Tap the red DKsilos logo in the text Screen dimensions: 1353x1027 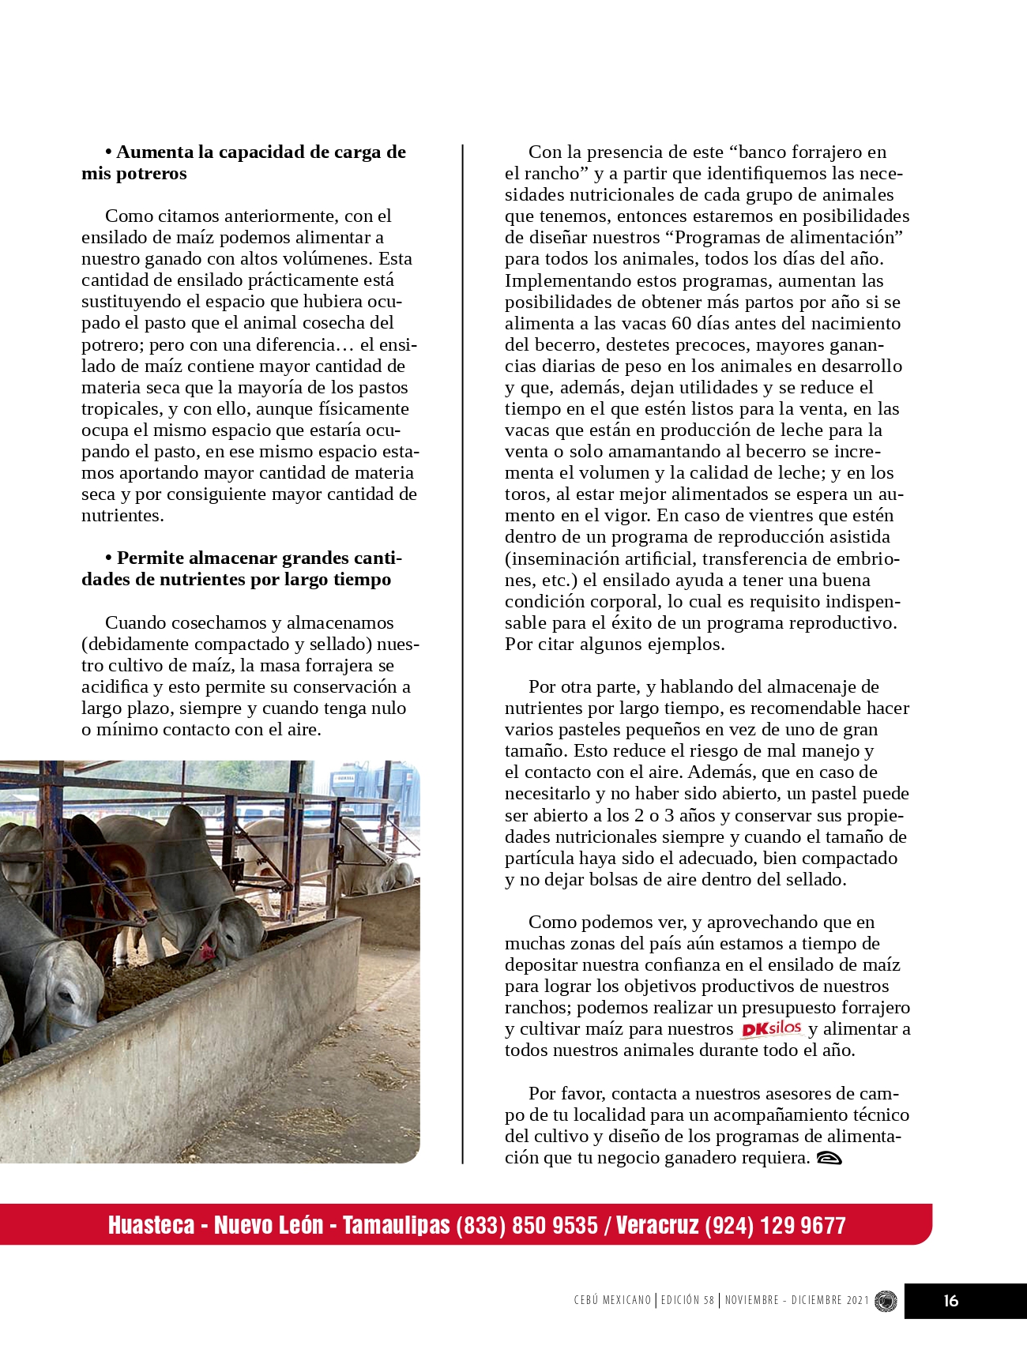pos(772,1028)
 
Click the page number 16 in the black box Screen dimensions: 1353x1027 pos(950,1301)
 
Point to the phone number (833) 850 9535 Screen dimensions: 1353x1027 pos(527,1225)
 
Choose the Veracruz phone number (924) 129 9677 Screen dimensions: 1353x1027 pos(775,1225)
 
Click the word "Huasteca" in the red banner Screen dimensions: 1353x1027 pos(151,1225)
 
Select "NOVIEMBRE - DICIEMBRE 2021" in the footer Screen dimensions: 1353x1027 pos(796,1300)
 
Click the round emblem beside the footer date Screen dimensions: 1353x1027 pos(886,1301)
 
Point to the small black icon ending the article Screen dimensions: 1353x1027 pos(829,1159)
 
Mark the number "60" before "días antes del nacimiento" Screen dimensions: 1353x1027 pos(681,324)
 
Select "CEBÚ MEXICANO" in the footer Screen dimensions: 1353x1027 pos(612,1300)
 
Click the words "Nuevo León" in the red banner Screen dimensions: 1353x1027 pos(269,1225)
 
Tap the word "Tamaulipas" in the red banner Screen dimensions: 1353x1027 pos(396,1225)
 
